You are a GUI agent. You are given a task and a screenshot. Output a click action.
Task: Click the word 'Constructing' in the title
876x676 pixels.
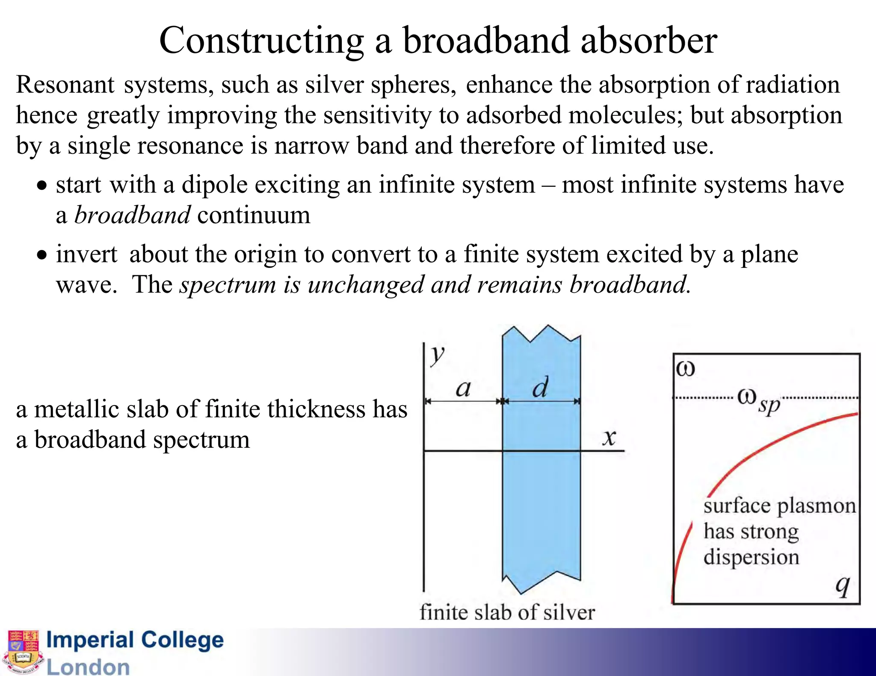point(261,41)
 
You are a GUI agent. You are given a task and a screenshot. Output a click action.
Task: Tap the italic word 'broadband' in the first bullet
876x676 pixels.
point(132,215)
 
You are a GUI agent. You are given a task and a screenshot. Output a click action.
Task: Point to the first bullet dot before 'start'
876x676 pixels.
point(41,186)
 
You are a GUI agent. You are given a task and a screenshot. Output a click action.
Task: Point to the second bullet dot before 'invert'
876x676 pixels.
point(41,256)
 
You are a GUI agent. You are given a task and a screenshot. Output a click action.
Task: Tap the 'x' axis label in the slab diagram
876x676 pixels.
point(609,438)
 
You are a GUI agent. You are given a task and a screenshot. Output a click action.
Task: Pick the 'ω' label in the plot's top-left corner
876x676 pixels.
point(686,368)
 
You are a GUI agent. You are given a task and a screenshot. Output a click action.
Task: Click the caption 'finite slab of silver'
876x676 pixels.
point(507,612)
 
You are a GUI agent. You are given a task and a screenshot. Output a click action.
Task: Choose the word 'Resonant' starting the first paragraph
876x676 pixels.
point(65,85)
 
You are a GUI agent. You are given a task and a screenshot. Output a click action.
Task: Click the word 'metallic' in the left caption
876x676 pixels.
point(81,409)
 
